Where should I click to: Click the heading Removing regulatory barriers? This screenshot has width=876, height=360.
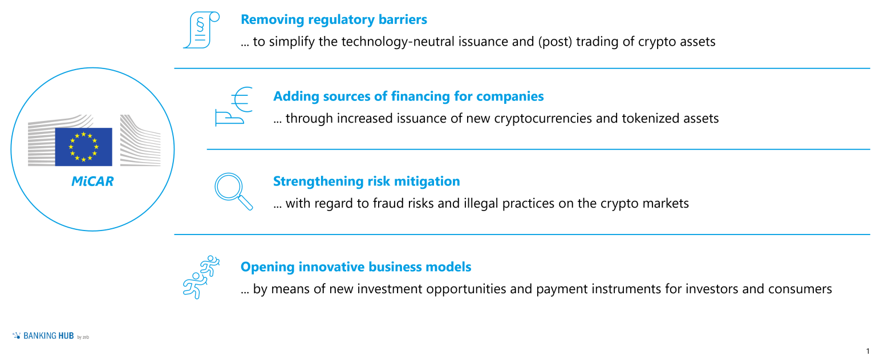334,19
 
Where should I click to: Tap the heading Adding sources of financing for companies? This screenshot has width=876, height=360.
408,96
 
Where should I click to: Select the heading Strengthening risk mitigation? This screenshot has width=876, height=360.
366,181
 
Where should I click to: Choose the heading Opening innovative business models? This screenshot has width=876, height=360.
356,266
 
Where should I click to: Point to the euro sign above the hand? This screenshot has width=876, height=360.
241,98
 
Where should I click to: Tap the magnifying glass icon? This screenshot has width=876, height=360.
233,191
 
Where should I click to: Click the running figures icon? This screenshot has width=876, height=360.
200,277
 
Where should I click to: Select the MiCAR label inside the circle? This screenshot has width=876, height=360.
92,181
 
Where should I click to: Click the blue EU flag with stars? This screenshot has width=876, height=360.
83,147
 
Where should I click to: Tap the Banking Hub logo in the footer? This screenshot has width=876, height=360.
51,336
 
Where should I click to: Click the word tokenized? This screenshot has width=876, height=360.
648,119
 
